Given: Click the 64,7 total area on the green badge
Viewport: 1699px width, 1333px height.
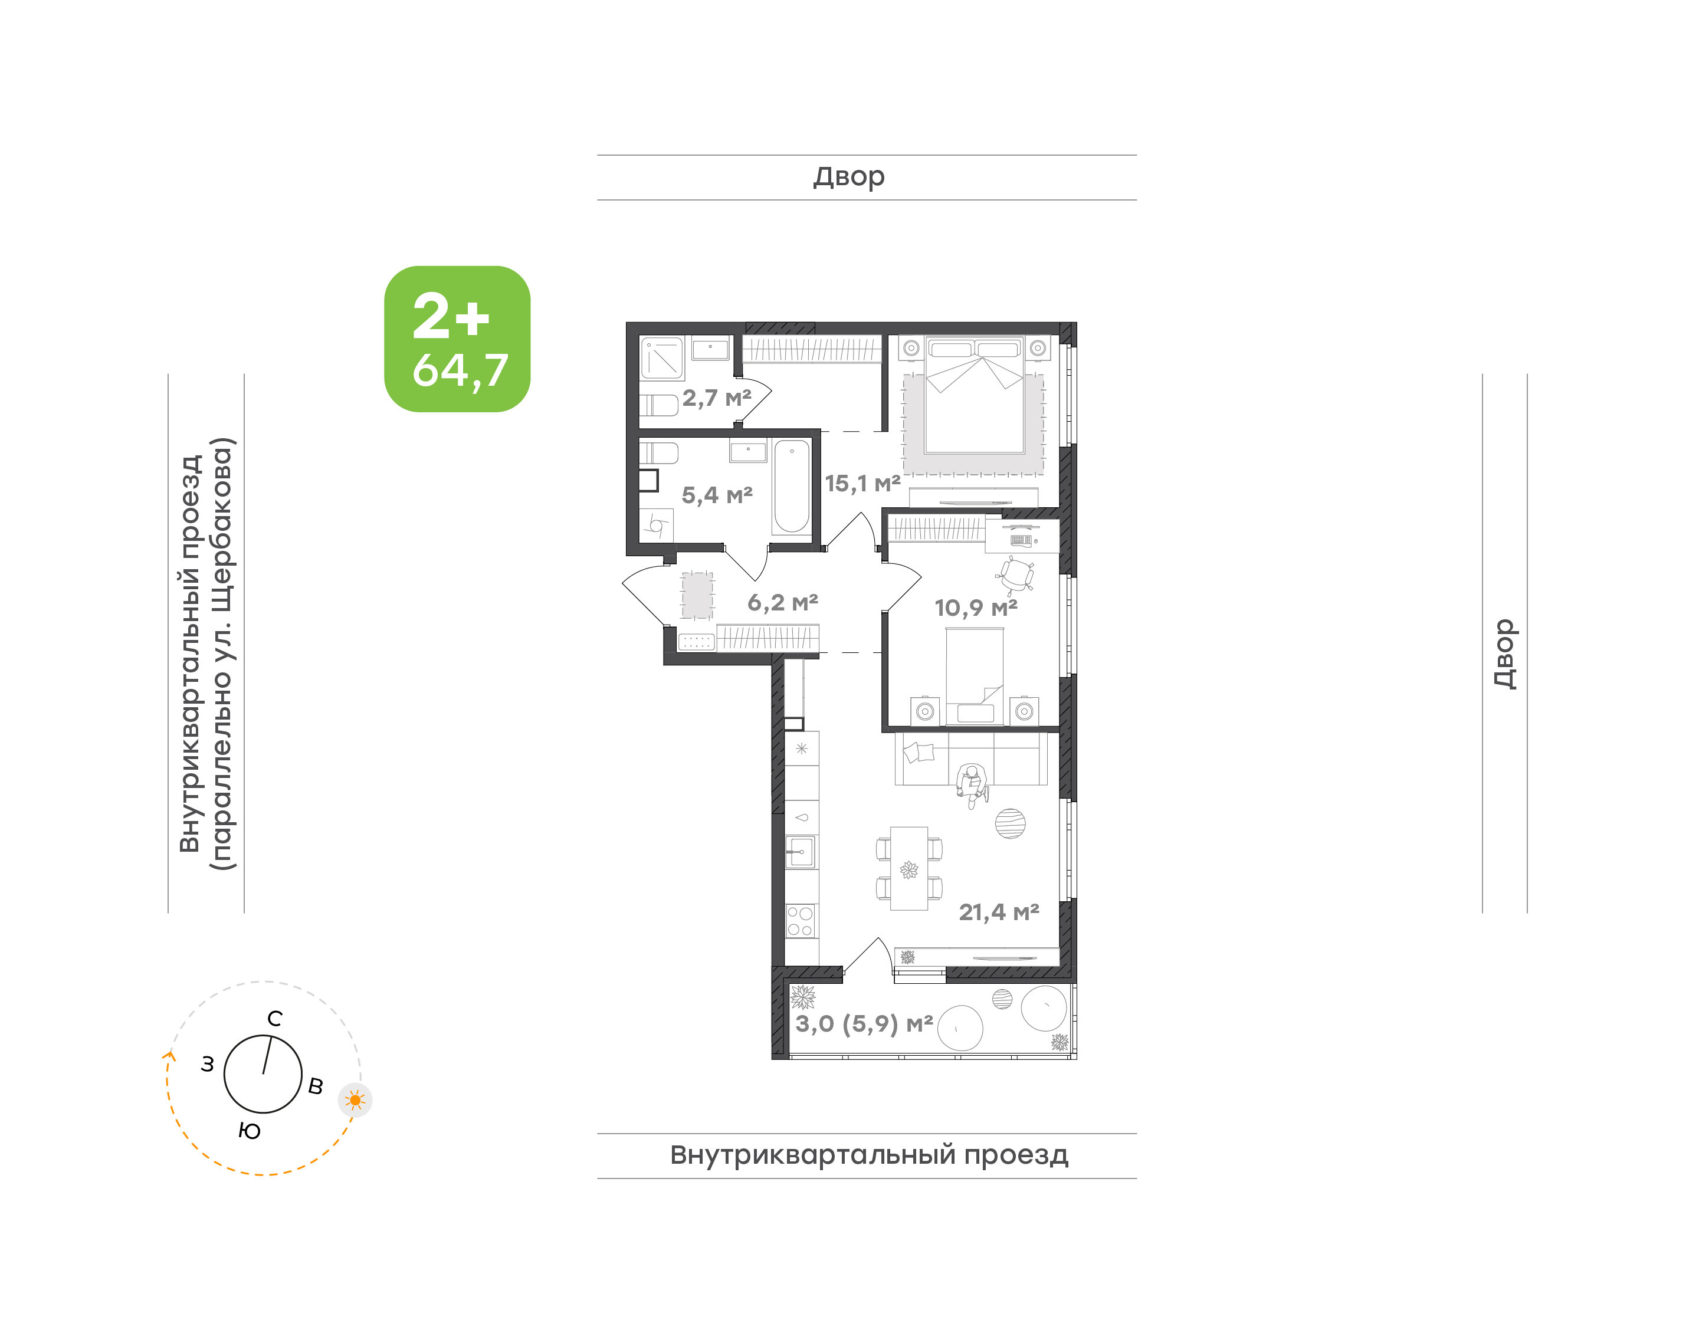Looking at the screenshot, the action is [x=461, y=371].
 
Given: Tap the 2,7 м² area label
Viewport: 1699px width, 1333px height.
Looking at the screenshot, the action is [x=716, y=398].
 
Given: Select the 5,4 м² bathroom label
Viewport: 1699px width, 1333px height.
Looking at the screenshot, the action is [x=716, y=495].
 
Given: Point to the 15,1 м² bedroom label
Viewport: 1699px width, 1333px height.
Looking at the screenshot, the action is [x=862, y=483].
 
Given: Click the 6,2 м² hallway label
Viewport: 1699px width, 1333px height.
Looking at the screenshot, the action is [x=782, y=602].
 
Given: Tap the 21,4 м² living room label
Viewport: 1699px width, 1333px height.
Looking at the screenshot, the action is [x=999, y=911].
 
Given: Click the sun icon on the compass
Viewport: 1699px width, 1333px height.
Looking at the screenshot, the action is [x=355, y=1101].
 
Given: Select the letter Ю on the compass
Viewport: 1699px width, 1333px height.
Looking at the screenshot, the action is [x=249, y=1131].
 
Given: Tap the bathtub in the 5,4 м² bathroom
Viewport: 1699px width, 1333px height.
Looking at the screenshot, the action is [x=791, y=486].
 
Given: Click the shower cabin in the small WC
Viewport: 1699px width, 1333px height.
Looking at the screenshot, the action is [x=662, y=358].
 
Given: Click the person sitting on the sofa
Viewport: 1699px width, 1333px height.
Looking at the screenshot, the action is [x=972, y=784].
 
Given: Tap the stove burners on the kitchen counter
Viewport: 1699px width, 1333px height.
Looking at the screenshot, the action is [x=800, y=921].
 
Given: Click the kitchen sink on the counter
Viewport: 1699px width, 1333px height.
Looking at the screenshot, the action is [x=800, y=852].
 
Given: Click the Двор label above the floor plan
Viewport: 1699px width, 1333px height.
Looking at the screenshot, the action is [x=849, y=177].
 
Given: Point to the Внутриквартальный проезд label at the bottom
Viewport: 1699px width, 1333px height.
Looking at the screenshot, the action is [x=868, y=1155].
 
